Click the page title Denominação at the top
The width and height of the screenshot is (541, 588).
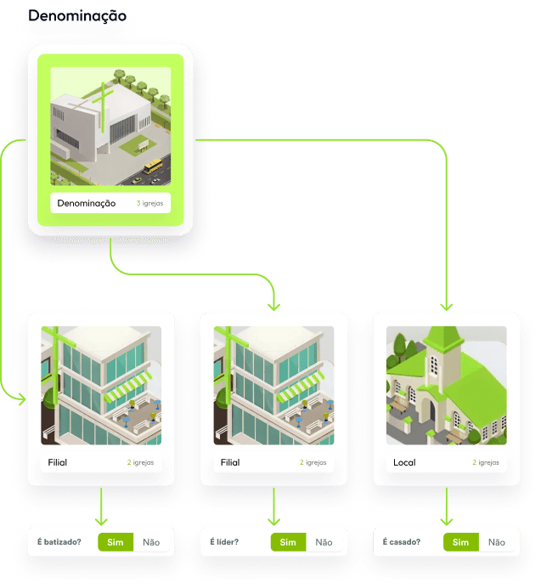pyautogui.click(x=77, y=16)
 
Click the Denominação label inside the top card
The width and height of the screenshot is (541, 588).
pyautogui.click(x=87, y=203)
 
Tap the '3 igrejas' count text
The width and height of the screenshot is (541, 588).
pyautogui.click(x=149, y=204)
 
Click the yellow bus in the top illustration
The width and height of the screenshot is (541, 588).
pyautogui.click(x=153, y=168)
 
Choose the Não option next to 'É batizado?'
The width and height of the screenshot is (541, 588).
pyautogui.click(x=151, y=542)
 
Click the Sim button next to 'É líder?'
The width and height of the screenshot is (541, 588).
pyautogui.click(x=288, y=542)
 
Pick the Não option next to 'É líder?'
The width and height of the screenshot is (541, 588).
pyautogui.click(x=324, y=542)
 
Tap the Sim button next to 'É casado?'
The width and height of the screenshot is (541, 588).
pyautogui.click(x=460, y=542)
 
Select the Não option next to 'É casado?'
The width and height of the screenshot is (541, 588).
pyautogui.click(x=497, y=542)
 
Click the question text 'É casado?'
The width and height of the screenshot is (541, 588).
pyautogui.click(x=402, y=541)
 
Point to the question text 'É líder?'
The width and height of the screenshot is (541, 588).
pyautogui.click(x=224, y=541)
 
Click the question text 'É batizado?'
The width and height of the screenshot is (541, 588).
pyautogui.click(x=59, y=541)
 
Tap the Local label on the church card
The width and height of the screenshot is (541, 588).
pyautogui.click(x=404, y=463)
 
